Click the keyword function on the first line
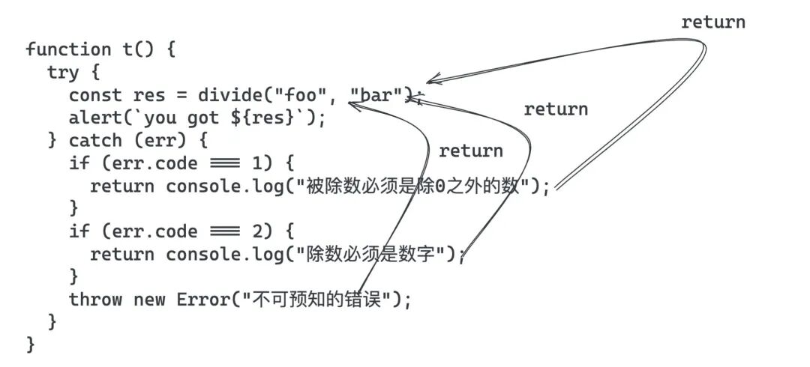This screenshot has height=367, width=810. (68, 49)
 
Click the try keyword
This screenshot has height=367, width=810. (63, 72)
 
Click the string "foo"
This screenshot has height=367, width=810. (302, 95)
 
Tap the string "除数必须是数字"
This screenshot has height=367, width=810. (375, 255)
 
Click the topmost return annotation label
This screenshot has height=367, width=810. (713, 22)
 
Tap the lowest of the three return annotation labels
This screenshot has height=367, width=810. (470, 151)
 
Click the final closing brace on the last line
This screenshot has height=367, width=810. (31, 345)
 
